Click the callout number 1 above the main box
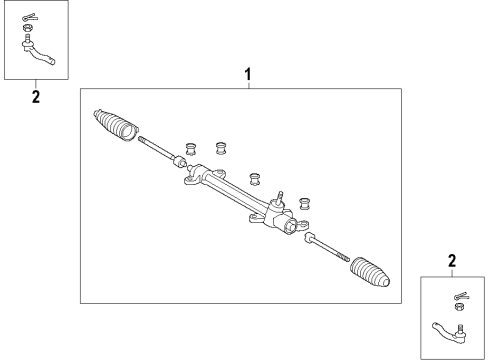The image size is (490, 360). (x=248, y=73)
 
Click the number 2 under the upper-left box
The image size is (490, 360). (x=36, y=97)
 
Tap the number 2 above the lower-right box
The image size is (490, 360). (x=452, y=261)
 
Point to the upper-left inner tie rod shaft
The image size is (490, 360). (x=157, y=148)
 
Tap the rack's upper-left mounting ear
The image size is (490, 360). (x=189, y=182)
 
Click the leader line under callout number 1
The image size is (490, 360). (x=248, y=84)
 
